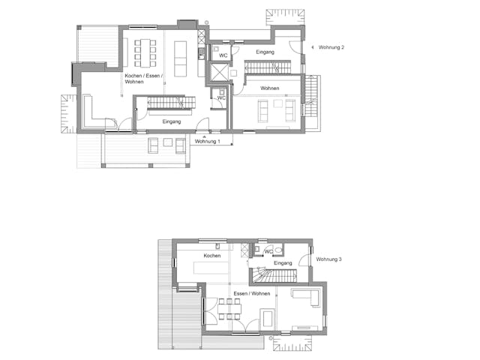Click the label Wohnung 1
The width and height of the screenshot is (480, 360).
[x=207, y=141]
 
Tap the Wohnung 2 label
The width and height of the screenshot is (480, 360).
[x=331, y=47]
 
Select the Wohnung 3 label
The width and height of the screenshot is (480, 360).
[x=328, y=259]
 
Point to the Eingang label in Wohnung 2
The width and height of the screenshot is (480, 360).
[x=265, y=52]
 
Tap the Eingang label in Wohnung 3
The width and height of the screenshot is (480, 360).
[x=283, y=263]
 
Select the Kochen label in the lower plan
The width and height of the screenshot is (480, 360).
[x=211, y=256]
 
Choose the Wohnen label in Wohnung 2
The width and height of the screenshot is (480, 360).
[x=270, y=88]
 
